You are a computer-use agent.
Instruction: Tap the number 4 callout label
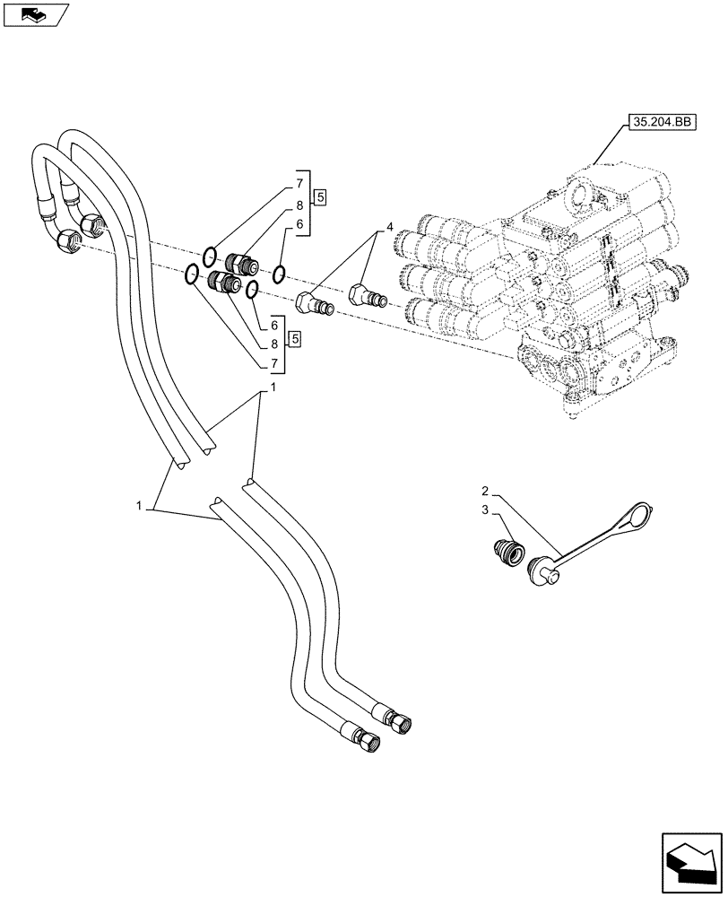[x=389, y=225]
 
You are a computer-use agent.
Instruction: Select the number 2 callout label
[x=484, y=491]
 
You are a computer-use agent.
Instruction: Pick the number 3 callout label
[x=484, y=510]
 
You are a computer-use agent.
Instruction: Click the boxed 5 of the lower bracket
[x=294, y=338]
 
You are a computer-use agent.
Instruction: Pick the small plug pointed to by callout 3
[x=507, y=549]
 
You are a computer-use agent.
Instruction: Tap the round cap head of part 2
[x=543, y=571]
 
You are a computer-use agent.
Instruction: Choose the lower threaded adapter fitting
[x=222, y=283]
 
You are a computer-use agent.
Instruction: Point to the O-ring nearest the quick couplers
[x=280, y=273]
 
